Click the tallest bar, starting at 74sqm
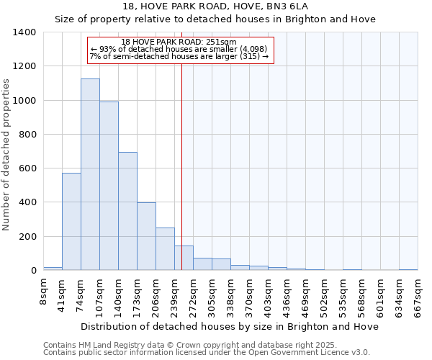pos(90,174)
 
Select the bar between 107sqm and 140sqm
pos(109,186)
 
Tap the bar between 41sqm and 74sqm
pos(71,222)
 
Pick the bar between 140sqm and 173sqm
pos(127,211)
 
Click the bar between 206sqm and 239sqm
pos(165,249)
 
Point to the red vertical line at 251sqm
pos(182,166)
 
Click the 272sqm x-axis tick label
pos(193,295)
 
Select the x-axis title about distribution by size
pos(230,326)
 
